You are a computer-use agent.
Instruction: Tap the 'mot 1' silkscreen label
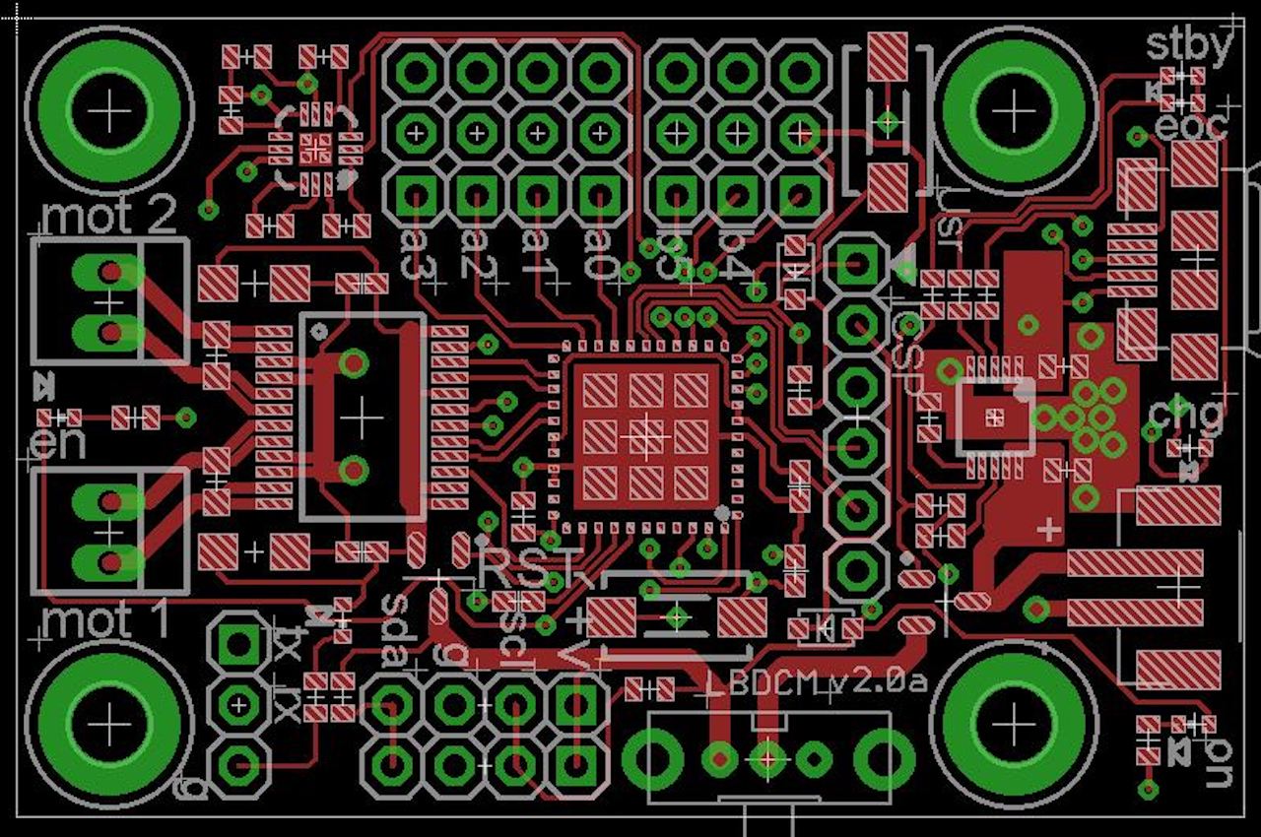pyautogui.click(x=106, y=621)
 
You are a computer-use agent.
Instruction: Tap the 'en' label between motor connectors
pyautogui.click(x=58, y=444)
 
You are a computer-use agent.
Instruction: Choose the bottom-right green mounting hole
pyautogui.click(x=1015, y=726)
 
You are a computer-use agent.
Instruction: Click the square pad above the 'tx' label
pyautogui.click(x=237, y=646)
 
